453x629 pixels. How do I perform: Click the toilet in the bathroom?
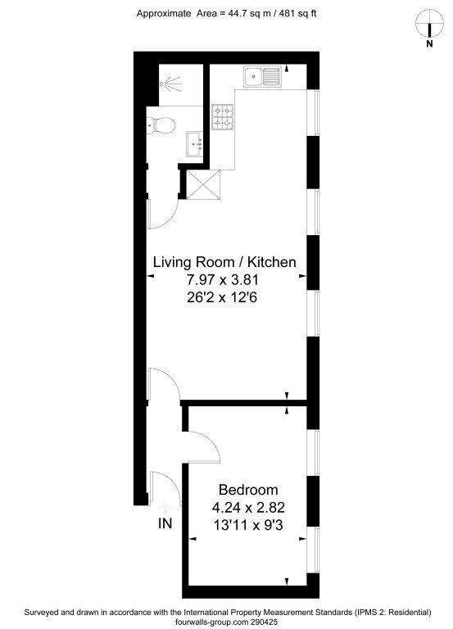[161, 124]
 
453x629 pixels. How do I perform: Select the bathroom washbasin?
[196, 143]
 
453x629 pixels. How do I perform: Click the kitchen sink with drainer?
[262, 76]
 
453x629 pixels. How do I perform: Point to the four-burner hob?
[222, 117]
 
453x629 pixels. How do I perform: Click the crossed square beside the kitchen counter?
[203, 184]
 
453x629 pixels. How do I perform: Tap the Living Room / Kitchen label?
[224, 262]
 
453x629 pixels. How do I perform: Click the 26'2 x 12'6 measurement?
[222, 297]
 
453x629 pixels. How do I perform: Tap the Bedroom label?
[248, 490]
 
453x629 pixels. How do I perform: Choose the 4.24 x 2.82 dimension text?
[248, 508]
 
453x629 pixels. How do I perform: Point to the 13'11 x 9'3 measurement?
[248, 525]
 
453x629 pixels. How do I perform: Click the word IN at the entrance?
[165, 523]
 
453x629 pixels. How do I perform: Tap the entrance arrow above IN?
[165, 508]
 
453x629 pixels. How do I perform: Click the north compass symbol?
[429, 23]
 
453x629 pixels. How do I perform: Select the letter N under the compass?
[429, 44]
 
